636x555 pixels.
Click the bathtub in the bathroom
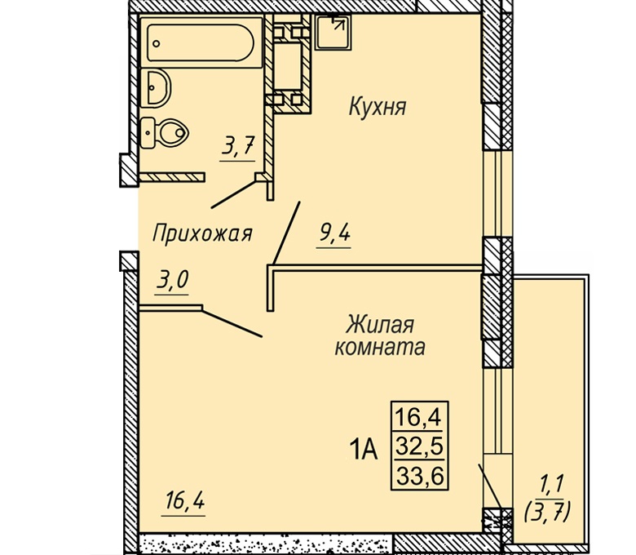click(x=201, y=42)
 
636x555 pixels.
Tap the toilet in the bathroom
click(x=164, y=133)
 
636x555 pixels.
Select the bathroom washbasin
click(x=156, y=88)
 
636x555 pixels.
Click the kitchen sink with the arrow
click(x=333, y=32)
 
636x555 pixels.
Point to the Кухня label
click(x=378, y=107)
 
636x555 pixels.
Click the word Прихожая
click(x=202, y=234)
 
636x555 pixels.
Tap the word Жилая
click(x=380, y=325)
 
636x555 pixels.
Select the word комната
click(x=380, y=348)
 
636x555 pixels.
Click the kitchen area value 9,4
click(x=334, y=233)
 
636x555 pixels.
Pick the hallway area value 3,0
click(x=172, y=279)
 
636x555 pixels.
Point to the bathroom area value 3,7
click(x=238, y=146)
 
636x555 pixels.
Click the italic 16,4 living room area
click(x=184, y=500)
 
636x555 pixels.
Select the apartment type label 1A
click(x=364, y=450)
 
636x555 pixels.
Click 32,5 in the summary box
click(x=419, y=447)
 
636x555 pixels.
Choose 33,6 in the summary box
click(x=419, y=476)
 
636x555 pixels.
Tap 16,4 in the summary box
click(x=418, y=417)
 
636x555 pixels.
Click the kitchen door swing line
click(x=286, y=233)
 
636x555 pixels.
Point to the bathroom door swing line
click(x=234, y=194)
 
